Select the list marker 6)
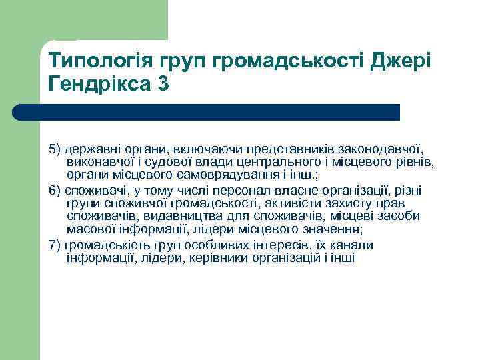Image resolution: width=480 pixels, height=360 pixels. (x=55, y=191)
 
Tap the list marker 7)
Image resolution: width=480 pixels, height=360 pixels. (x=55, y=245)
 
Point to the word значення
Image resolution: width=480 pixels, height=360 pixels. (x=327, y=229)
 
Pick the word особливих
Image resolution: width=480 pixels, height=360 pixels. (x=192, y=245)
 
